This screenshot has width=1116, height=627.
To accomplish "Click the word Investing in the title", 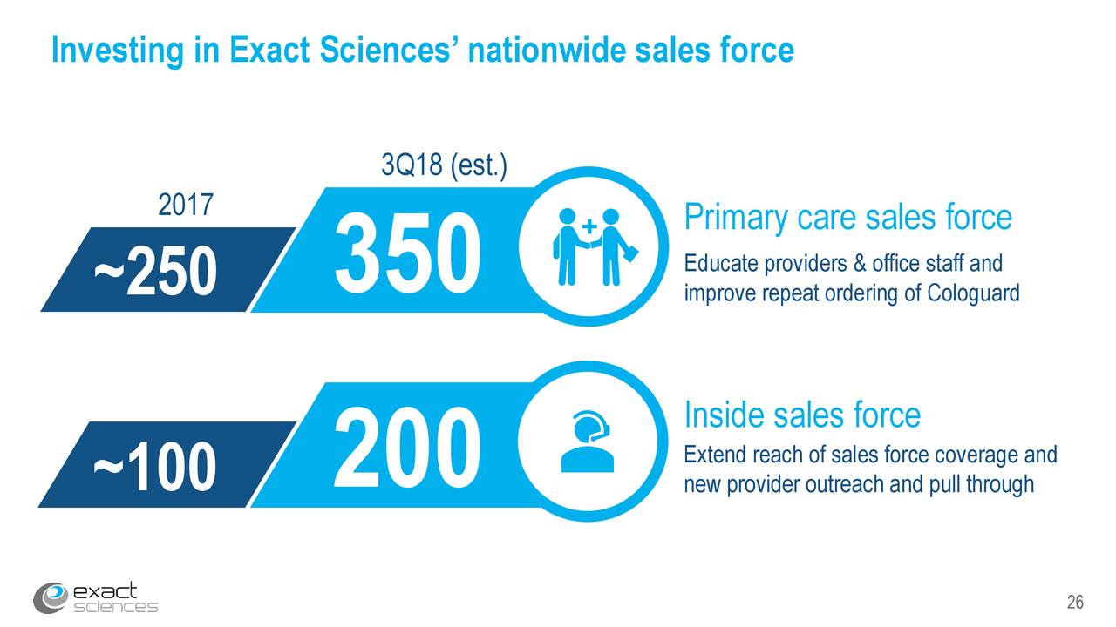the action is [x=118, y=51].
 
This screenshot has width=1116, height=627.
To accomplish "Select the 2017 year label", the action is [x=186, y=205].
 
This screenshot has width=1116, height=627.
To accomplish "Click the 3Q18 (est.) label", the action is [x=444, y=165].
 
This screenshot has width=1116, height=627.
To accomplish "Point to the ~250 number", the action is [x=155, y=271].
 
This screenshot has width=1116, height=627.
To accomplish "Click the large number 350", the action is [x=407, y=253].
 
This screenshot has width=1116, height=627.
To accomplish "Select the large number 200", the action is [x=406, y=446].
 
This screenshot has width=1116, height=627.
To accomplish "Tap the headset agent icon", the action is [x=588, y=442].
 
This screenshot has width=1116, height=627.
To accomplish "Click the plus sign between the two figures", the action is [x=589, y=226].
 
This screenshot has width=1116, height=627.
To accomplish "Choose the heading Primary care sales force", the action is [x=848, y=218].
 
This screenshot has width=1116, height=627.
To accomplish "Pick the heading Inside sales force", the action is [x=802, y=415].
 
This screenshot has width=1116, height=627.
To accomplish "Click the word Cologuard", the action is [x=973, y=293].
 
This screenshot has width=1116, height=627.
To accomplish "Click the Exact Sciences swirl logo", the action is [x=51, y=597].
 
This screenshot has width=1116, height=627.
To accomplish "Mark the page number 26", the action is [x=1075, y=602].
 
